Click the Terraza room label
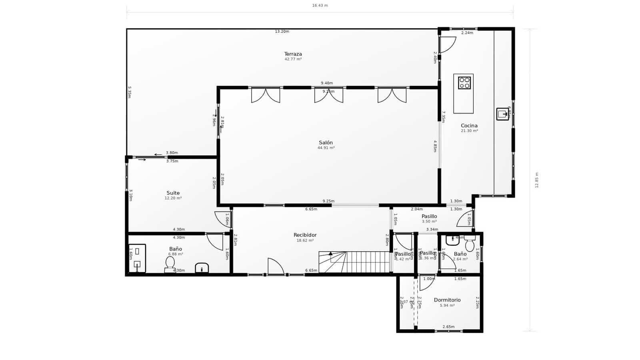293,54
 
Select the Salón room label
326,143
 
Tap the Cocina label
469,126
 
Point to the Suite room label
173,193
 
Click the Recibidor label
305,235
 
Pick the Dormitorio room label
447,300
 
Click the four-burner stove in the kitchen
464,83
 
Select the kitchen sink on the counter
502,114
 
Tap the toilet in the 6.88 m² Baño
170,264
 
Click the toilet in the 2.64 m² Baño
470,244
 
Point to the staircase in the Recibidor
354,262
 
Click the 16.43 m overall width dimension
320,6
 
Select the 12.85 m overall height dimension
537,180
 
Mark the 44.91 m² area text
326,148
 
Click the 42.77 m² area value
293,59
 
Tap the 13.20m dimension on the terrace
282,32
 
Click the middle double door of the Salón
328,95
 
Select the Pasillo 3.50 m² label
429,216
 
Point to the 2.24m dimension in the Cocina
467,33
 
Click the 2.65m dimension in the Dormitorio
448,327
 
